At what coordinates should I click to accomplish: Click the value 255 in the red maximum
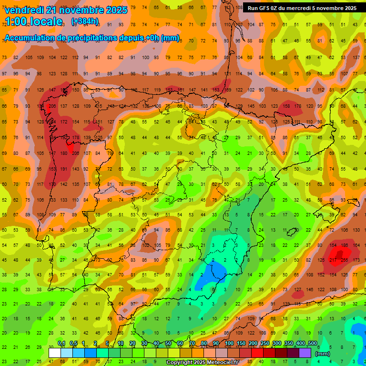pos(344,260)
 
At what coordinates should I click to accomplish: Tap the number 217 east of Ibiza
pos(333,260)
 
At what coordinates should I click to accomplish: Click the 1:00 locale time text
pos(33,21)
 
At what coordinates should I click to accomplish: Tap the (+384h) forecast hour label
pos(85,21)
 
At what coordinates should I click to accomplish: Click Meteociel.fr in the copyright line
pos(223,363)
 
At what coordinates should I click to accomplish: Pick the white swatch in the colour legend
pos(55,353)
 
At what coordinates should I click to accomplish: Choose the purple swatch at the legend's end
pos(305,353)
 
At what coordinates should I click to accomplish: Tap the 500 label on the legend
pos(312,343)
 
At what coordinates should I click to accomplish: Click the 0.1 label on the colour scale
pos(61,343)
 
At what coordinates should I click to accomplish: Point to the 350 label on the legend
pos(288,343)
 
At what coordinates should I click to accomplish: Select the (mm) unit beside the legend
pos(323,353)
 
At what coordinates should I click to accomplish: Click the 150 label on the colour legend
pos(241,343)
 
